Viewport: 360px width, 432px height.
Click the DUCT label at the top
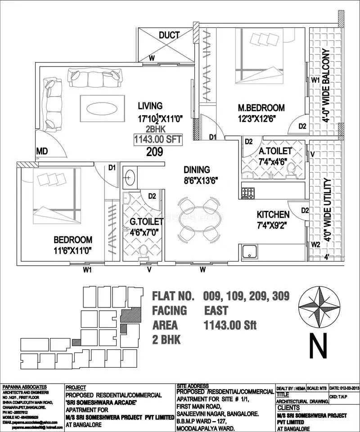pos(169,35)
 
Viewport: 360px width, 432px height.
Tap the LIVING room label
pos(150,106)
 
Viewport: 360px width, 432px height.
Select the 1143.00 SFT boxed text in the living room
pos(158,139)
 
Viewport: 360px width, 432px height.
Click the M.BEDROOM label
pos(261,108)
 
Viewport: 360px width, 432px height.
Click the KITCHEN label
pos(273,214)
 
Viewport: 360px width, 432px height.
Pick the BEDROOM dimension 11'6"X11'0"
pos(73,251)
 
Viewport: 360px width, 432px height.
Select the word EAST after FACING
pos(216,311)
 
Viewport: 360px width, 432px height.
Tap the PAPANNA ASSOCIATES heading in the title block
pos(25,387)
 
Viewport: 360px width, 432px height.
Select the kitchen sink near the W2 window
pos(249,252)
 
